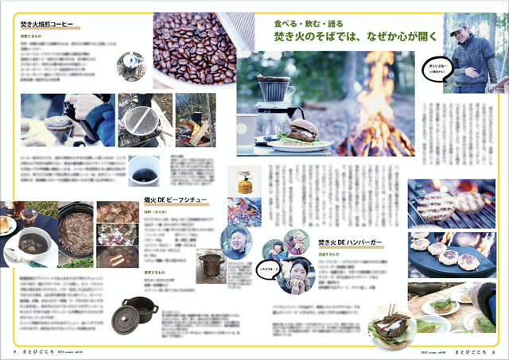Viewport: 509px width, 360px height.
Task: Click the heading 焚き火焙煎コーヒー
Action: (47, 25)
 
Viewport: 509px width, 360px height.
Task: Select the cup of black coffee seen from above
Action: (144, 172)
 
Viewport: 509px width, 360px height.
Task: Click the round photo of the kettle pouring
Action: (130, 66)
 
